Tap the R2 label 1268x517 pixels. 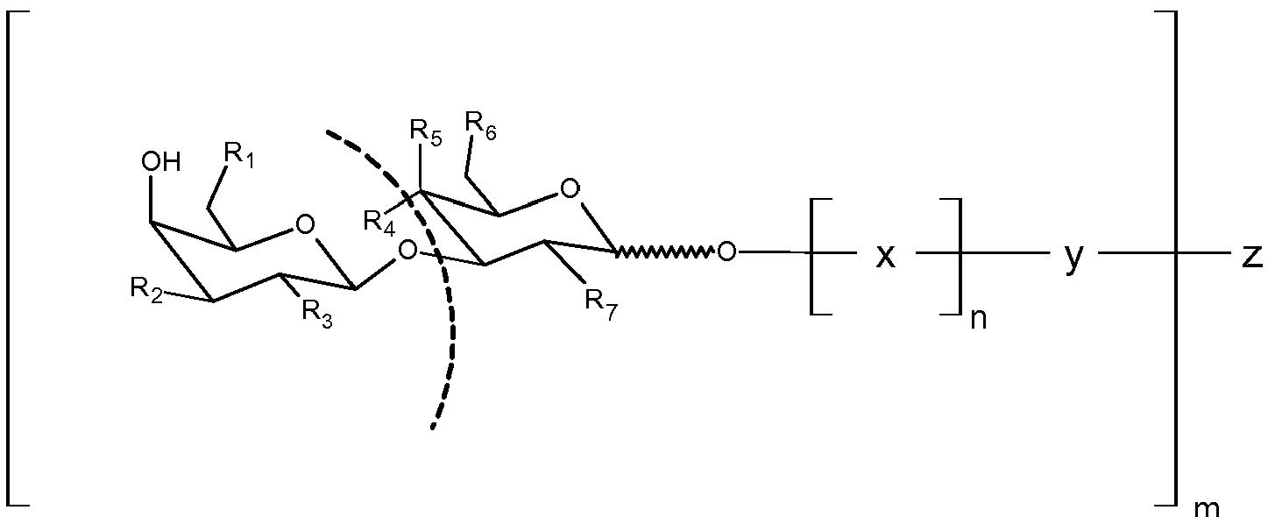coord(146,289)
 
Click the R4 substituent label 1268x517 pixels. coord(383,220)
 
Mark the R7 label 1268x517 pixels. coord(600,302)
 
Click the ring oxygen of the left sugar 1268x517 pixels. coord(304,225)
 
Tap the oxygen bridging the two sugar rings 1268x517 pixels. coord(407,252)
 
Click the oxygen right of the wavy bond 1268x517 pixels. coord(726,252)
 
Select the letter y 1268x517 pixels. coord(1073,258)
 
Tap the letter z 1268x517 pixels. coord(1251,255)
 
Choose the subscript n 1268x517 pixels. coord(979,317)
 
